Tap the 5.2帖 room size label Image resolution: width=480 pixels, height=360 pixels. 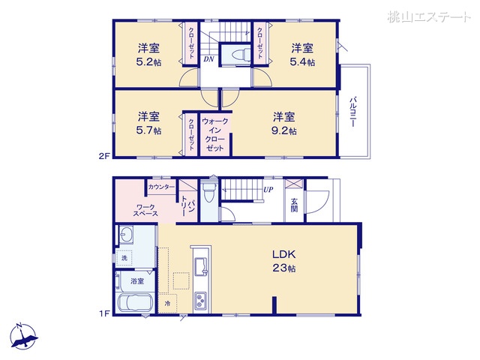[148, 63]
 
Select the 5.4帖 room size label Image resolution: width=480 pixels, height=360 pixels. [303, 63]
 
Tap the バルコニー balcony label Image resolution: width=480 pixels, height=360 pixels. [352, 112]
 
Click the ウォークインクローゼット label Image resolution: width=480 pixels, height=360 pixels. [215, 134]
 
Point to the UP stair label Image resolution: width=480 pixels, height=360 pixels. [267, 189]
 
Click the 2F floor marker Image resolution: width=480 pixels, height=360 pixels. [105, 156]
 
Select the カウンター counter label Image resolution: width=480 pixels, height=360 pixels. [161, 187]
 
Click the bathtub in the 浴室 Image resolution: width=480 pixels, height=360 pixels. [133, 305]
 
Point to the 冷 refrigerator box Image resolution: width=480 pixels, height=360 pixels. [167, 304]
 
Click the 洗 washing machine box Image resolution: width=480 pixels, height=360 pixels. [125, 259]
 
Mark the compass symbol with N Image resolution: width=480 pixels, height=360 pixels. [24, 334]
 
